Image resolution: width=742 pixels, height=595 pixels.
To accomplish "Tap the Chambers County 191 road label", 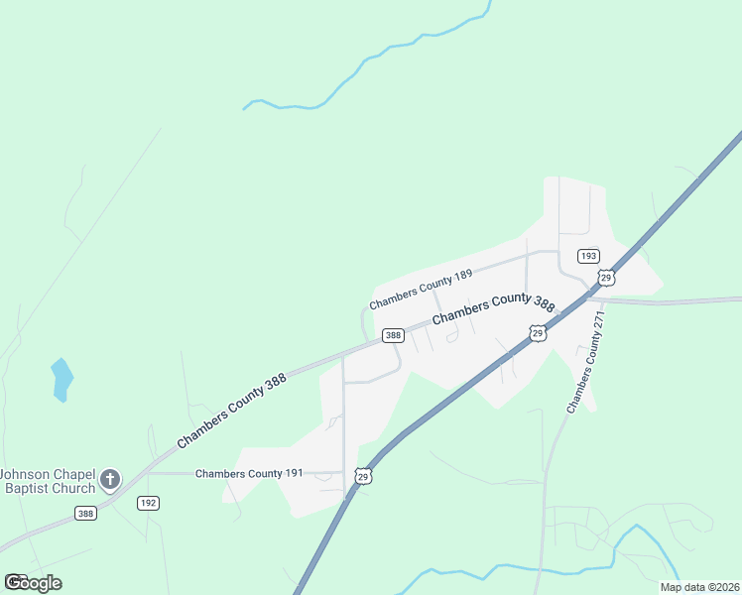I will (249, 473).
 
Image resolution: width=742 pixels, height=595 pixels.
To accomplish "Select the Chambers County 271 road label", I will (585, 362).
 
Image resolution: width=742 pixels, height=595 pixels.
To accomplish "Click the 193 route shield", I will (588, 256).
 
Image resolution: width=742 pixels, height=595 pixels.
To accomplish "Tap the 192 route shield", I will (148, 503).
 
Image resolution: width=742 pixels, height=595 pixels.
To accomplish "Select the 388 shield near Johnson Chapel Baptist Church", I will (85, 513).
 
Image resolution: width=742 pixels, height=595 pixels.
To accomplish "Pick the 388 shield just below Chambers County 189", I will (393, 335).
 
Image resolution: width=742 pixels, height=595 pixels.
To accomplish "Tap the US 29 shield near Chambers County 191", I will (364, 477).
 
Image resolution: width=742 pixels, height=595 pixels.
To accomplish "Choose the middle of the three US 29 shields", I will (537, 333).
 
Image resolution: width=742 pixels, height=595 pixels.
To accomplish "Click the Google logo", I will (33, 582).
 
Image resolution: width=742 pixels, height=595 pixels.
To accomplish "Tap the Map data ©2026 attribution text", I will (699, 587).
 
